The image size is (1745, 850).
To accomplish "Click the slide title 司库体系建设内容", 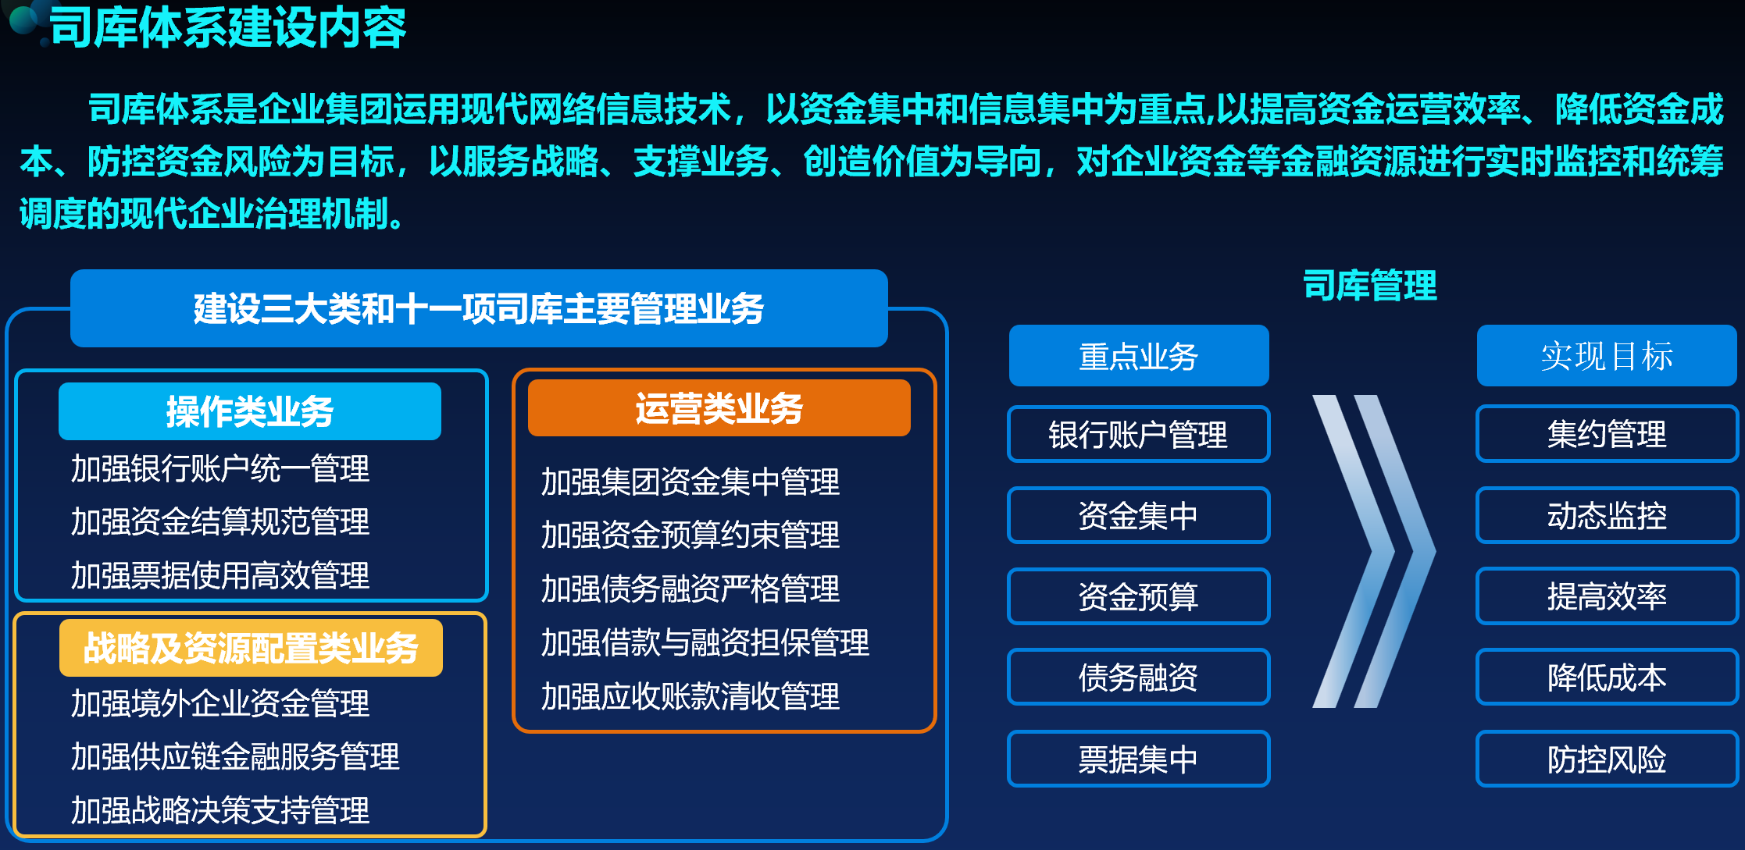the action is pyautogui.click(x=227, y=28).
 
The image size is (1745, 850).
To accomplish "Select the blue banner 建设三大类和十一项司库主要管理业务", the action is pyautogui.click(x=479, y=308).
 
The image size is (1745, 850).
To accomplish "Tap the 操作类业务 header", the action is pyautogui.click(x=250, y=411).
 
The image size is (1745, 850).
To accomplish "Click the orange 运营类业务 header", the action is pyautogui.click(x=719, y=408).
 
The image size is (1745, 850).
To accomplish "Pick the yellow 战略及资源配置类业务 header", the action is pyautogui.click(x=251, y=648).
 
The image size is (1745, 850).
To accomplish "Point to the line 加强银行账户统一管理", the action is pyautogui.click(x=220, y=468).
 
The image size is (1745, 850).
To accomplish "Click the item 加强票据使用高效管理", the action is pyautogui.click(x=220, y=575).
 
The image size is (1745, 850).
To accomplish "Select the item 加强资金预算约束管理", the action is pyautogui.click(x=691, y=535).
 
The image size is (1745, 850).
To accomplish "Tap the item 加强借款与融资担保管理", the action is pyautogui.click(x=705, y=642).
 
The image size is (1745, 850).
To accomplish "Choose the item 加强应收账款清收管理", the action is pyautogui.click(x=691, y=696).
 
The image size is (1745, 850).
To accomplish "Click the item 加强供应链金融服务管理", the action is pyautogui.click(x=235, y=756).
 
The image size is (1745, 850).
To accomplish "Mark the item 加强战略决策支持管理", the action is pyautogui.click(x=220, y=810).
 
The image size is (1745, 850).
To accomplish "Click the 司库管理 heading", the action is pyautogui.click(x=1370, y=285).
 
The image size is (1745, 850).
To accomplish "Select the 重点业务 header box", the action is pyautogui.click(x=1139, y=356).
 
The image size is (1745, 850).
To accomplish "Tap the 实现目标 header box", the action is pyautogui.click(x=1607, y=356).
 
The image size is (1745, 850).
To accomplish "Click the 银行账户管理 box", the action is pyautogui.click(x=1139, y=434).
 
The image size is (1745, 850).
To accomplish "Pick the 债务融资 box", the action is pyautogui.click(x=1139, y=677).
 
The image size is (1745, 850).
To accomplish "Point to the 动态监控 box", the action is pyautogui.click(x=1608, y=515).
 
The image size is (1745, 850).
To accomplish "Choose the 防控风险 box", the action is pyautogui.click(x=1608, y=759).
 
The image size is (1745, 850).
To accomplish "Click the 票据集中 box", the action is pyautogui.click(x=1139, y=759).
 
